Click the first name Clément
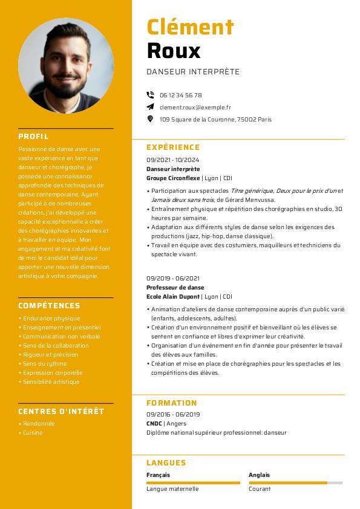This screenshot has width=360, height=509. [190, 27]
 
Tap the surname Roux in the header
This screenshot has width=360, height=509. [173, 51]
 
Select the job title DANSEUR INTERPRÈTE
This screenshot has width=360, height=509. [193, 72]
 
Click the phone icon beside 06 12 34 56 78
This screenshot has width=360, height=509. [150, 95]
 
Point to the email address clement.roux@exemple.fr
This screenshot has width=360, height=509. [195, 107]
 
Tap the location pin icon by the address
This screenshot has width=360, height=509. [150, 119]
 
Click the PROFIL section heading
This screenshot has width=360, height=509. [33, 137]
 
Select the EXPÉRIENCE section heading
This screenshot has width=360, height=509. [173, 148]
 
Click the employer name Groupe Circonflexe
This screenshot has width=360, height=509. [173, 178]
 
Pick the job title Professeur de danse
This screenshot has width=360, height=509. [175, 288]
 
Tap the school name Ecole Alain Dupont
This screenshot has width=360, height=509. [173, 297]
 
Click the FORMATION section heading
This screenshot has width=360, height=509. [172, 403]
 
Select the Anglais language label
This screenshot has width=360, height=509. [259, 475]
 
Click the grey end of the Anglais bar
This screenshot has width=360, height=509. [335, 483]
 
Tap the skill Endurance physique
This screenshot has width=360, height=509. [51, 319]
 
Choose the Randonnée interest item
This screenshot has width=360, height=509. [39, 424]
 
